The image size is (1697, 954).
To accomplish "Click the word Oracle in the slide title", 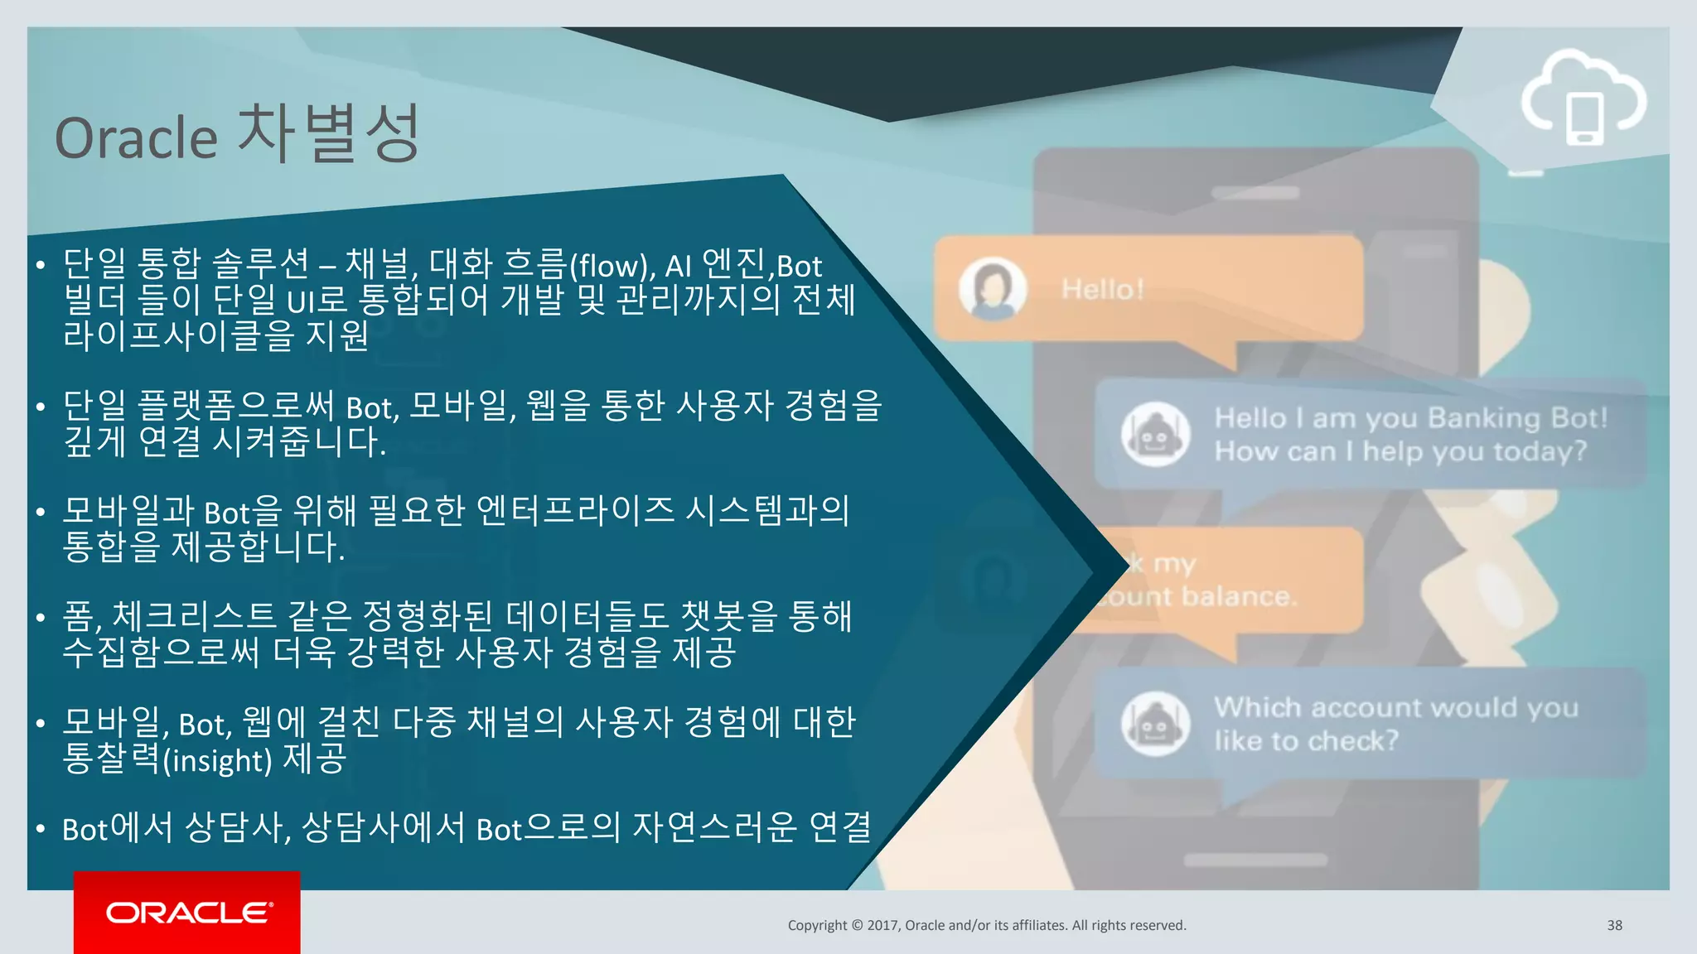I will tap(136, 137).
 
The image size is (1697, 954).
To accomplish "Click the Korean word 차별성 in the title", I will tap(329, 133).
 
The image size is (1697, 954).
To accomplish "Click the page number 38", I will tap(1614, 925).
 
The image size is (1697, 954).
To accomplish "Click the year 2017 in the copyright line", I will tap(883, 925).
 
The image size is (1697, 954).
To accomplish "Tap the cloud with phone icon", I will tap(1583, 99).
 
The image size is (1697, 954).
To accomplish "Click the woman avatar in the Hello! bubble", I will tap(992, 288).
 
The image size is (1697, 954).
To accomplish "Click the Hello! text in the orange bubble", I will tap(1103, 289).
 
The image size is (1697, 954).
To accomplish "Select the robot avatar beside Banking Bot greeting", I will tap(1155, 434).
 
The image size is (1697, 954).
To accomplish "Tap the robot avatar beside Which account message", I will tap(1155, 724).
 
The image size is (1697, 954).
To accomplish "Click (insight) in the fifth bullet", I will tap(217, 760).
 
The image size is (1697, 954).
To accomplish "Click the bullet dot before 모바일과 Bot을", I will tap(40, 513).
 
